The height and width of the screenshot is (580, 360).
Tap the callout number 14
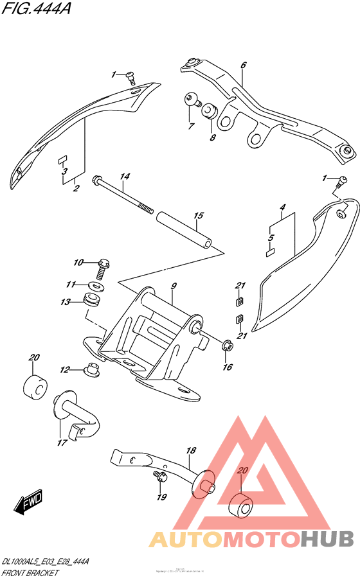pos(125,177)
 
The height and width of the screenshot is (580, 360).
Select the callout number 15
pos(198,216)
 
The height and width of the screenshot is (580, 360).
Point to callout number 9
pos(173,284)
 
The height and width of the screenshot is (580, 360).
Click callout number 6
pos(244,65)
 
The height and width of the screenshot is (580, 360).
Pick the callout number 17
pos(62,442)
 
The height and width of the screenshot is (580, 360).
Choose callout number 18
pos(190,452)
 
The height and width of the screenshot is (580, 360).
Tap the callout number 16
pos(226,367)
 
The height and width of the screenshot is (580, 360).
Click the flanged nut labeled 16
pos(227,346)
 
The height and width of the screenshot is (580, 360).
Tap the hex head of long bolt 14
pos(98,179)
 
